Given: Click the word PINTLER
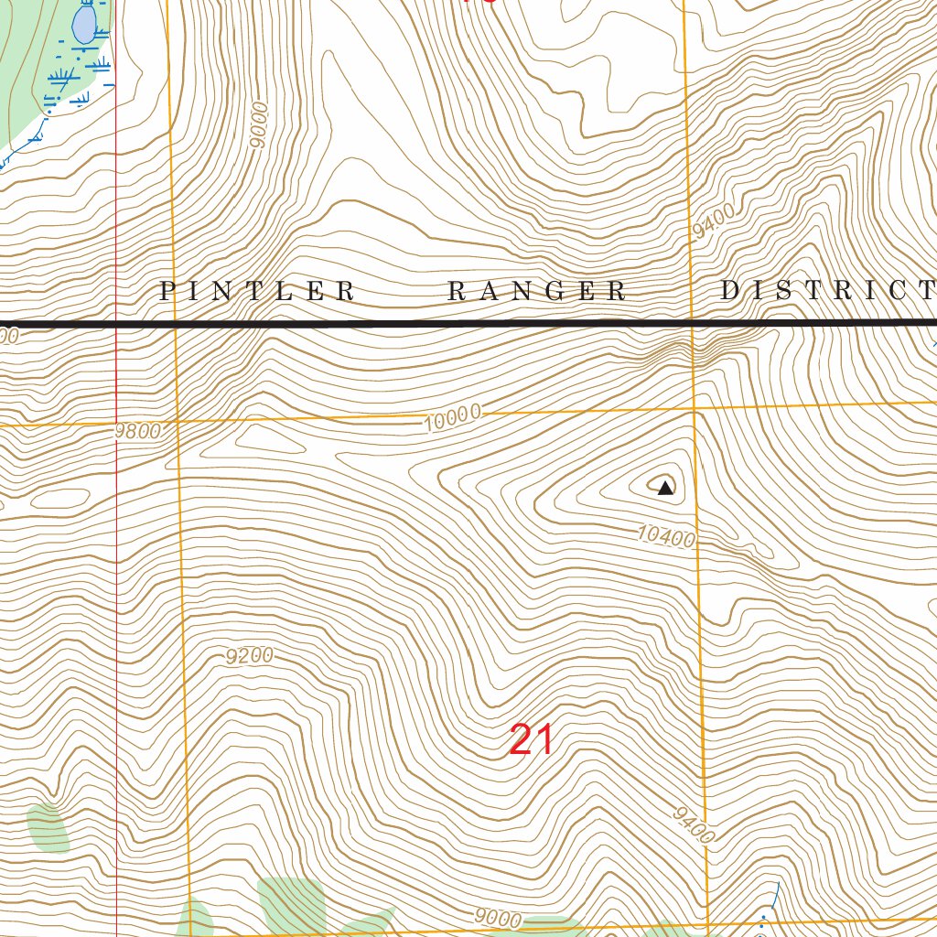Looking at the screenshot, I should (257, 292).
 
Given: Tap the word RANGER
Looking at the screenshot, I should (537, 292).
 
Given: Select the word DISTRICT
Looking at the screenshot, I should (826, 291).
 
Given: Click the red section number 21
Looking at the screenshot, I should (531, 739).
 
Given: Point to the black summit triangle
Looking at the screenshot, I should (665, 488).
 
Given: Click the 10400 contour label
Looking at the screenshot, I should (666, 535).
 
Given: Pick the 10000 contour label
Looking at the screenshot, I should (453, 418).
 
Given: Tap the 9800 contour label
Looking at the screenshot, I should (138, 431).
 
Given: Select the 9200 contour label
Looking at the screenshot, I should (250, 656).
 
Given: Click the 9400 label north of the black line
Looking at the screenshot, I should (713, 223).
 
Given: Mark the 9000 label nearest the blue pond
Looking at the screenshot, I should (259, 124).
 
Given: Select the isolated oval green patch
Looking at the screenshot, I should (48, 829).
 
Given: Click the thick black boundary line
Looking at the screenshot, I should (458, 324).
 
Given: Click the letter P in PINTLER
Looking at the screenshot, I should (167, 292).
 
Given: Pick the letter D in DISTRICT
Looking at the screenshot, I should (730, 291).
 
